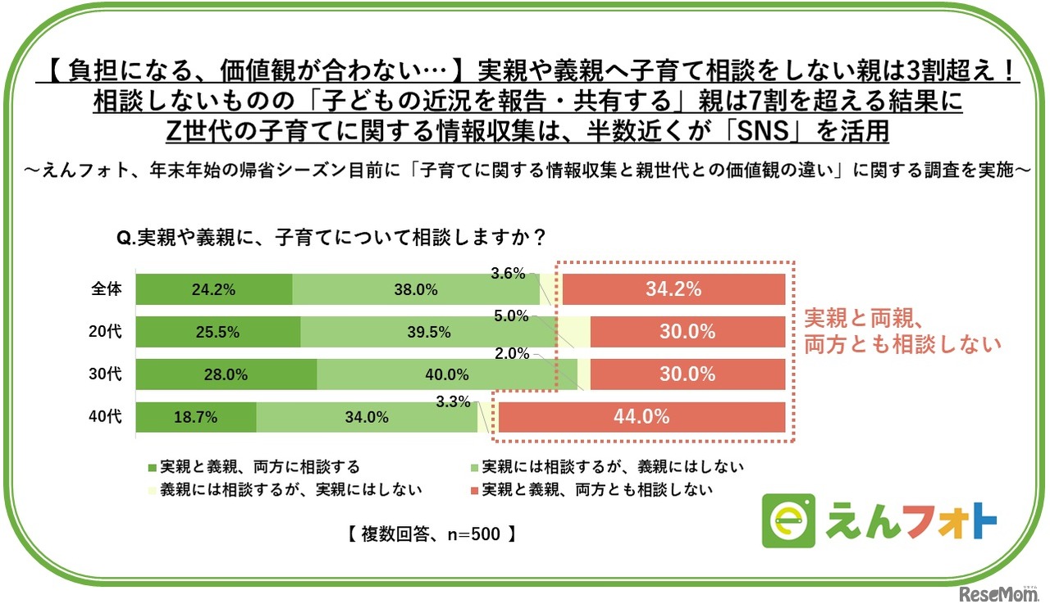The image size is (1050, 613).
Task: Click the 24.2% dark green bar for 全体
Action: tap(214, 289)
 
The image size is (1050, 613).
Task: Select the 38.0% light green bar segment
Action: tap(415, 289)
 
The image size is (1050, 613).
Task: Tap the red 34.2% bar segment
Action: tap(673, 289)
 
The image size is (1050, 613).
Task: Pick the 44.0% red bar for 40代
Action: tap(641, 417)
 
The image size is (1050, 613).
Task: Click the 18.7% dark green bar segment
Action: tap(195, 417)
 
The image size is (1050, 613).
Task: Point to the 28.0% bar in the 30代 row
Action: tap(226, 375)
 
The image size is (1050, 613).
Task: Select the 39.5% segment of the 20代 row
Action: tap(428, 332)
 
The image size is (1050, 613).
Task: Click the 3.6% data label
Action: tap(508, 274)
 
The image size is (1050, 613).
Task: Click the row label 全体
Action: tap(107, 289)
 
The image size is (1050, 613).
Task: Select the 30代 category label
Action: tap(107, 375)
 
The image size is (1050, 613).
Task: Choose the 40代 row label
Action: tap(107, 417)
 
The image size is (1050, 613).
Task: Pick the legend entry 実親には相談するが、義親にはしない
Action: tap(612, 467)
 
